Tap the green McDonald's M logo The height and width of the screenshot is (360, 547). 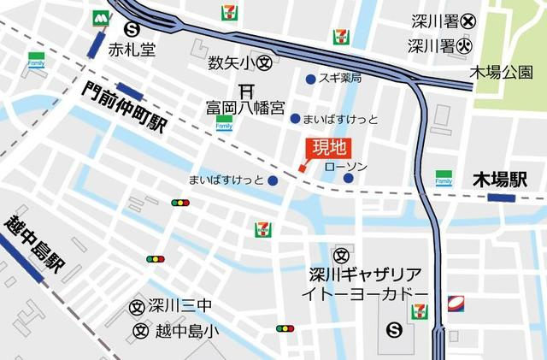[x=102, y=17]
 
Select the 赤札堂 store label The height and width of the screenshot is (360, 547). [x=132, y=50]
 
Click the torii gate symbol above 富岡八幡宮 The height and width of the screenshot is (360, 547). [x=246, y=90]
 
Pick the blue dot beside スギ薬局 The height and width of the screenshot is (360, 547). [x=310, y=80]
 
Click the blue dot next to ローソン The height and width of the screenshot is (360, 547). [x=349, y=178]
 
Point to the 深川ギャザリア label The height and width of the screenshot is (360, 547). [x=365, y=274]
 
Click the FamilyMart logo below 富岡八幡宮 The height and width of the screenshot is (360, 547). [x=224, y=122]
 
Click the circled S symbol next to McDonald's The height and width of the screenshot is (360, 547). [x=130, y=28]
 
